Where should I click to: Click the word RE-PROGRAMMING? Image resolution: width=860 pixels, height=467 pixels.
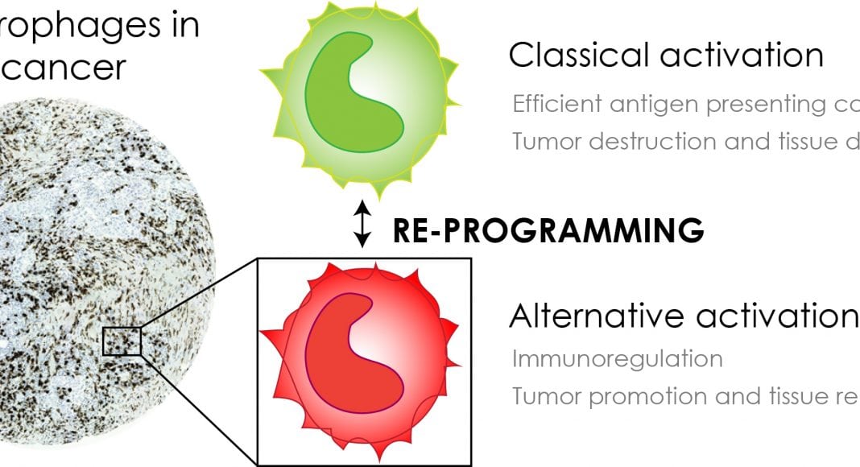[x=548, y=230]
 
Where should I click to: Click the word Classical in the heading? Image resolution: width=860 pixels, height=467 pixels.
[x=572, y=56]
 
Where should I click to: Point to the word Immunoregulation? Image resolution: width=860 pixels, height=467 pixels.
[x=617, y=358]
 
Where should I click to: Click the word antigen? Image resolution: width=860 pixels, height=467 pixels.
[x=636, y=105]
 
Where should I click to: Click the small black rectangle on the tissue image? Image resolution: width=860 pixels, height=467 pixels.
[x=122, y=341]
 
